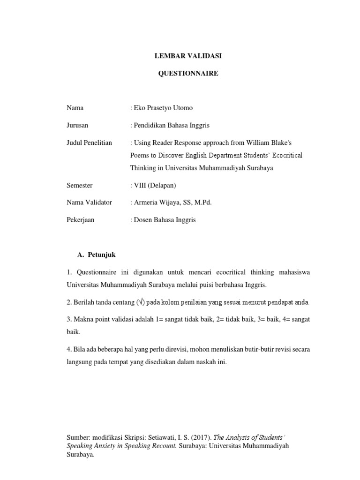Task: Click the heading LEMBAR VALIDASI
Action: point(188,56)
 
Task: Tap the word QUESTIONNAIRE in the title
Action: point(188,74)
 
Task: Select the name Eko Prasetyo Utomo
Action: point(163,108)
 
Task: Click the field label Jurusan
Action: point(77,125)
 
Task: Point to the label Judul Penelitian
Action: point(89,142)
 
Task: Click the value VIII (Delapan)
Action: point(154,185)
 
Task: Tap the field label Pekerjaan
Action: point(80,220)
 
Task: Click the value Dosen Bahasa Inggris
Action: point(165,220)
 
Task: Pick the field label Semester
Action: point(79,185)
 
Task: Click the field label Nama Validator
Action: point(89,202)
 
